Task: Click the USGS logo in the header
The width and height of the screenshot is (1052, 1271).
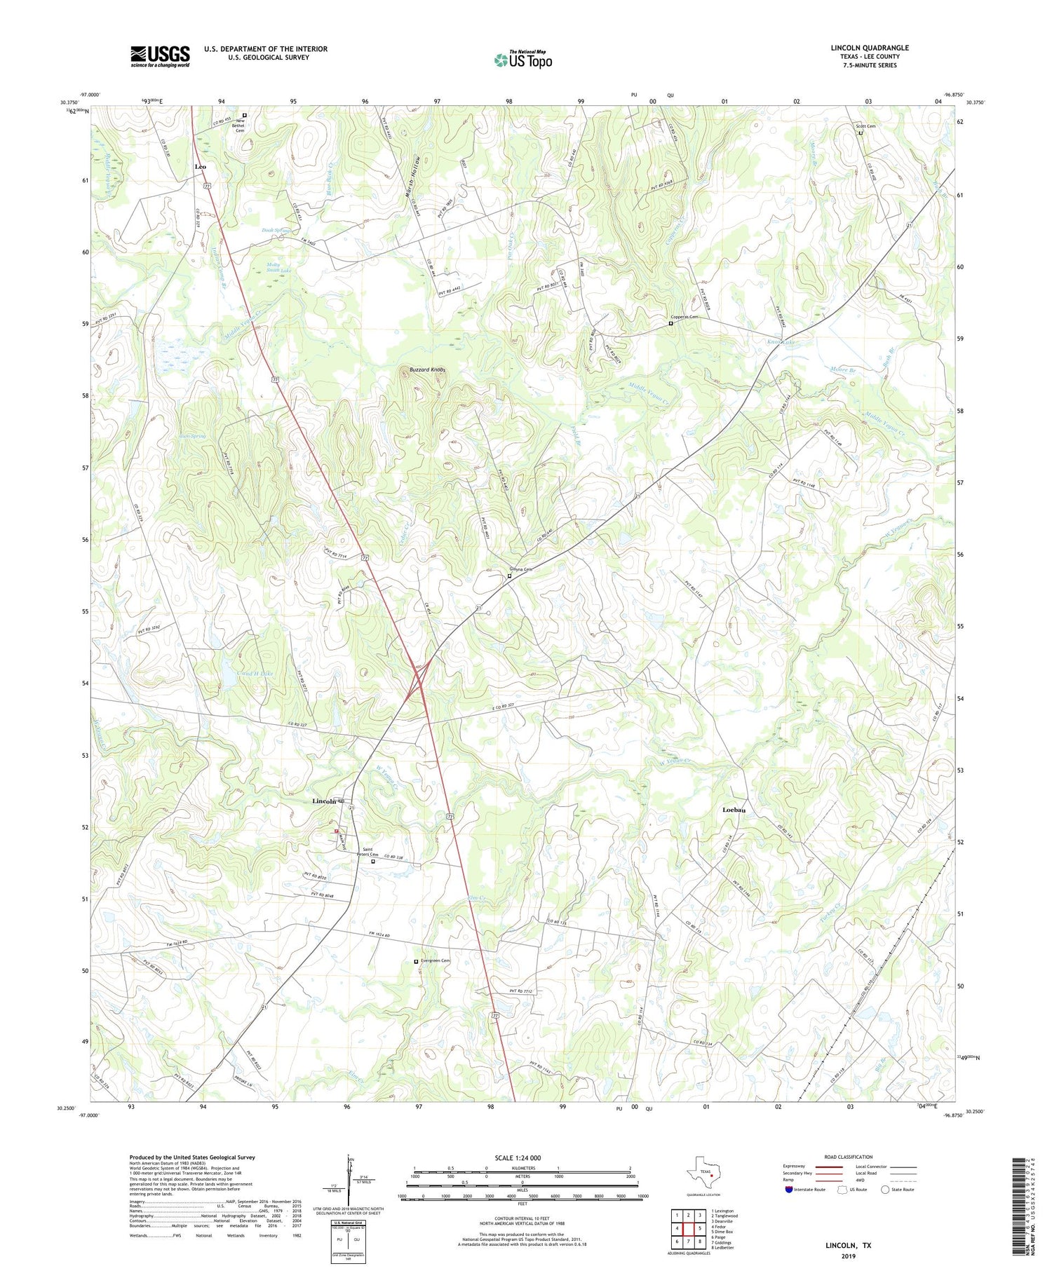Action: click(160, 56)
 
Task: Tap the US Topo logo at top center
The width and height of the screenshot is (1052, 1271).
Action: click(522, 60)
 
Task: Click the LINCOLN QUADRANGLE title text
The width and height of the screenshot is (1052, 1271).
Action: click(869, 48)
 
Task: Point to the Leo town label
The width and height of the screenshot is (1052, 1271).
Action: click(201, 166)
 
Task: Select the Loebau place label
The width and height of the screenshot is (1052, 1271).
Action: click(734, 810)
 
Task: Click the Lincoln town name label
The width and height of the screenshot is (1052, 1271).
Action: click(324, 801)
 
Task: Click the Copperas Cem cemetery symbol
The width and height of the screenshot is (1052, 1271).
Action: click(670, 324)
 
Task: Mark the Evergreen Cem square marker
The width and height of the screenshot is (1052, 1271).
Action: click(416, 961)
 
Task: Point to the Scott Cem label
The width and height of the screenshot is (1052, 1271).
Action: click(865, 126)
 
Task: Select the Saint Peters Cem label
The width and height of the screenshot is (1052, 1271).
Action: click(370, 852)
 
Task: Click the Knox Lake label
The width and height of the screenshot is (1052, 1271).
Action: click(782, 342)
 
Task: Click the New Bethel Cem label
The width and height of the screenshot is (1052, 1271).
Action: click(244, 125)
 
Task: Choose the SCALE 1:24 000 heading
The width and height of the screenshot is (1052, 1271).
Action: click(522, 1157)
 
